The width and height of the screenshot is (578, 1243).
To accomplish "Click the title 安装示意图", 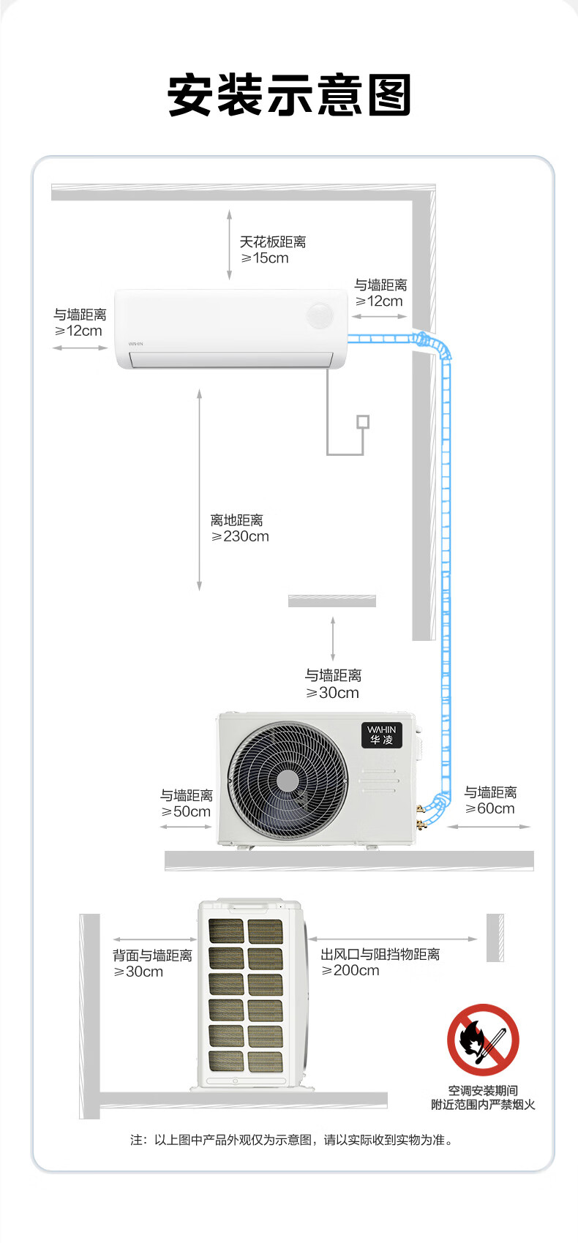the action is (x=289, y=94).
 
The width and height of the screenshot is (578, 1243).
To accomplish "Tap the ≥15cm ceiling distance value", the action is (x=265, y=258).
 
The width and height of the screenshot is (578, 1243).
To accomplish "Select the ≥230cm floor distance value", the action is (x=240, y=536).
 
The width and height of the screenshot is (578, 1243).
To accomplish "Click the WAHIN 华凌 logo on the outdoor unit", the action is (x=382, y=735).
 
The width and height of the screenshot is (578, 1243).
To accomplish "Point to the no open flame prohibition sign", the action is (x=483, y=1040).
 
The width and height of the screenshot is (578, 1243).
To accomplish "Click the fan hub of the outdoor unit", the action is (x=288, y=781).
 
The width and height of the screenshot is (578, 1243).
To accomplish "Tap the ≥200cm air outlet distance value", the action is (x=350, y=971).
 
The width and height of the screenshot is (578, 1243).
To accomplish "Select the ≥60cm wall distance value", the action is (x=489, y=808).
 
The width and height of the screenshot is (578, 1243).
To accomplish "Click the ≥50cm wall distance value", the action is (x=186, y=812).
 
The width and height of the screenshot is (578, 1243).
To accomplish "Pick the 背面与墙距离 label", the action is (x=152, y=955).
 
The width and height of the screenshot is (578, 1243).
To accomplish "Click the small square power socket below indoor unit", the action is (x=363, y=421).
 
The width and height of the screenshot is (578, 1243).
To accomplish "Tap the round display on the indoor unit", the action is (x=320, y=316).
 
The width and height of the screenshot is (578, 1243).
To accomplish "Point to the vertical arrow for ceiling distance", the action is (x=229, y=244).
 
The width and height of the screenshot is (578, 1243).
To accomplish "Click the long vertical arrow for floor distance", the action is (x=199, y=490).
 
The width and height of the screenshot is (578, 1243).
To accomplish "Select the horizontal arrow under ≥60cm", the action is (x=489, y=827).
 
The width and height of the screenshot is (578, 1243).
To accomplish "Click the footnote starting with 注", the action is (x=292, y=1140).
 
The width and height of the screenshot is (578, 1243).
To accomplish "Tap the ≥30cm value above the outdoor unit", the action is (x=332, y=693).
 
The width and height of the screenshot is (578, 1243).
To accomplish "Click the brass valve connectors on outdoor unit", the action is (x=421, y=814).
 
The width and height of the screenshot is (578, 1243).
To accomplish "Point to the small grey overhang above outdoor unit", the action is (x=332, y=601).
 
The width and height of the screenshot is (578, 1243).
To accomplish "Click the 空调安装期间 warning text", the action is (x=483, y=1090).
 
